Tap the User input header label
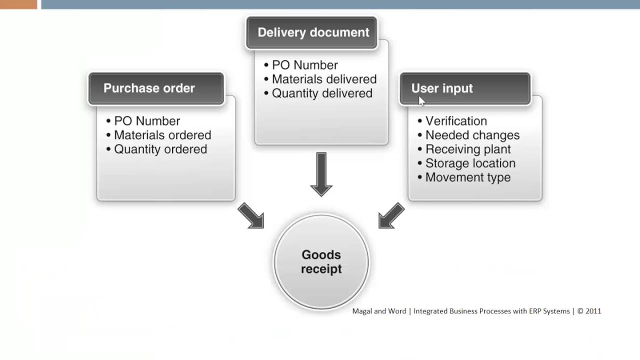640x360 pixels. tap(441, 88)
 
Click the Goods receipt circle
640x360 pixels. tap(321, 262)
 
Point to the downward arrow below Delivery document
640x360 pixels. tap(321, 174)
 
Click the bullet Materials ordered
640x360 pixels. tap(162, 135)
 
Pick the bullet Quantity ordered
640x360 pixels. tap(160, 149)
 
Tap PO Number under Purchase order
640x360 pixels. tap(146, 121)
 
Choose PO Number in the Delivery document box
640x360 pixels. tap(304, 65)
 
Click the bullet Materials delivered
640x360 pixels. tap(323, 79)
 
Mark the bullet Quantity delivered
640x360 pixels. tap(321, 93)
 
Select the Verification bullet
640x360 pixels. tap(455, 121)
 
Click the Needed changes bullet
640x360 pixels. tap(472, 135)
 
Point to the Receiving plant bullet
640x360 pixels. tap(467, 149)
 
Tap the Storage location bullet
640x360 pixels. tap(470, 163)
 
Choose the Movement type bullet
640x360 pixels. tap(467, 177)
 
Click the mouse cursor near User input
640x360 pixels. tap(421, 101)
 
